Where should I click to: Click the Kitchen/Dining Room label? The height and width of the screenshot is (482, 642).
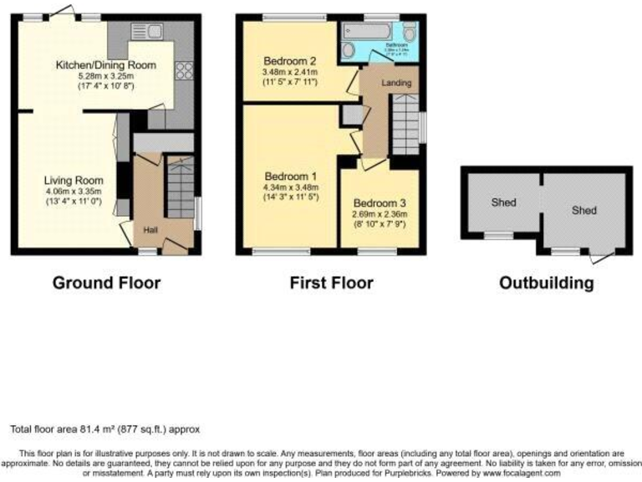click(105, 64)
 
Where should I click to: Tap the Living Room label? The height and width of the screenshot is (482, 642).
click(74, 180)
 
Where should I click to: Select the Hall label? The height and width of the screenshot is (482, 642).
click(150, 230)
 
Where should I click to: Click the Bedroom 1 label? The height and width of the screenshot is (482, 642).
click(290, 177)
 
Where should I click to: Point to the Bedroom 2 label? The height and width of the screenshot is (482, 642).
click(289, 61)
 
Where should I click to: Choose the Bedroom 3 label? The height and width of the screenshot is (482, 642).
click(379, 203)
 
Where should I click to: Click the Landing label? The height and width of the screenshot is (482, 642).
click(395, 84)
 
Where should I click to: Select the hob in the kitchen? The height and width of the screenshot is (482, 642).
click(183, 71)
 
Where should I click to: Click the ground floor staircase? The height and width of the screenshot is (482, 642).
click(180, 187)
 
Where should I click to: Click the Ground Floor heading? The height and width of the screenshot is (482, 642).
click(106, 283)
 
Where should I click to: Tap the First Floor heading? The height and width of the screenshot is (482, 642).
click(331, 283)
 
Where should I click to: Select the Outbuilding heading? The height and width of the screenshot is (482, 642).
click(547, 283)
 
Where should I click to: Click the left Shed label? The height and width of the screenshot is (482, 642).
click(503, 203)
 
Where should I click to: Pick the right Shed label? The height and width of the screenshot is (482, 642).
click(583, 210)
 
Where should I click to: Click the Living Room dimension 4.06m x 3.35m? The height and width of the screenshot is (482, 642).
click(75, 192)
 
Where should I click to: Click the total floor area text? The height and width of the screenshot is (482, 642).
click(105, 429)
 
